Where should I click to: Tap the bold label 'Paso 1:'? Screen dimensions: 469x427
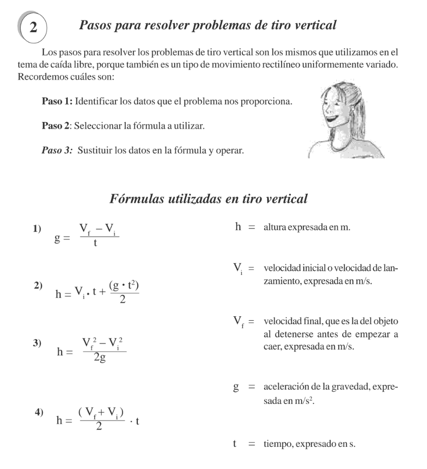coord(57,102)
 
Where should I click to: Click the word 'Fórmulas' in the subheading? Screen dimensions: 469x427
coord(139,199)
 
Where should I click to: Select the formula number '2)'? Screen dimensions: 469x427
coord(38,285)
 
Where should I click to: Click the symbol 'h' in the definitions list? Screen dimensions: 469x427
coord(238,227)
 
